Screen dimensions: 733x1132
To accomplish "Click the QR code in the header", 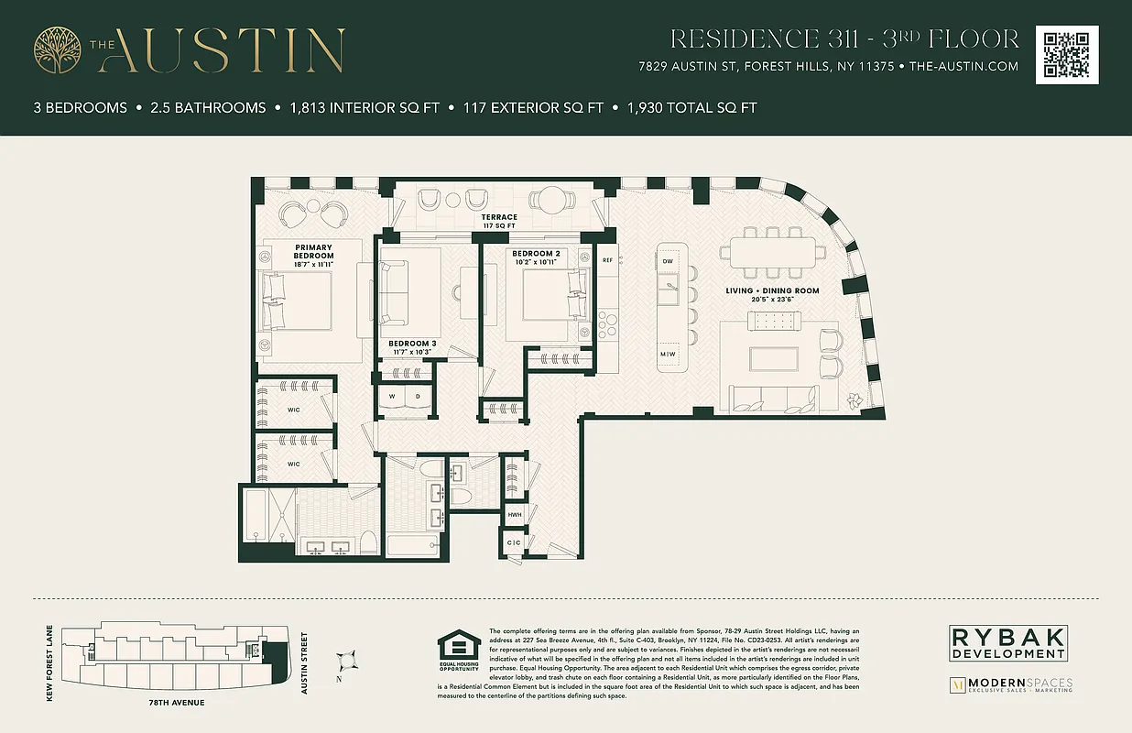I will click(1067, 55).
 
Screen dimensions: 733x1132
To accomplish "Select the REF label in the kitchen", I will click(607, 260).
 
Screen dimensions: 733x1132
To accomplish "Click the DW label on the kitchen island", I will click(668, 261).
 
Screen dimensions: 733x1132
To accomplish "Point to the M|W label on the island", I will click(668, 354).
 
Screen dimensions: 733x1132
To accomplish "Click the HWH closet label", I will click(515, 516).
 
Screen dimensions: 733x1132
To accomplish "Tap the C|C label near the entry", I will click(514, 543).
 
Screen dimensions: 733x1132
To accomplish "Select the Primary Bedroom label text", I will click(314, 251).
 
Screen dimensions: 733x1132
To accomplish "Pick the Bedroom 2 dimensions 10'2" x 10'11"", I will click(536, 263).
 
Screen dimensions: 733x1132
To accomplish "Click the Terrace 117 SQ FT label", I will click(500, 221).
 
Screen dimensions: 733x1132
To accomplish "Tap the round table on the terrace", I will click(552, 200).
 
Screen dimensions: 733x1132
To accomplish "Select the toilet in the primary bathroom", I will click(367, 542).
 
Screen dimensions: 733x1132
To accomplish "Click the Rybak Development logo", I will click(1008, 642).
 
